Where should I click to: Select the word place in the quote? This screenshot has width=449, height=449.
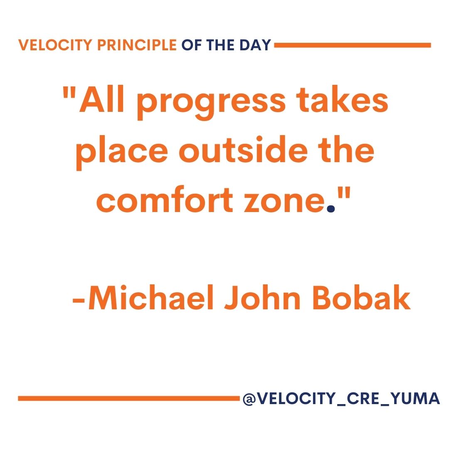tap(122, 152)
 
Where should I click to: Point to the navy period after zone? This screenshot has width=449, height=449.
tap(331, 210)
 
